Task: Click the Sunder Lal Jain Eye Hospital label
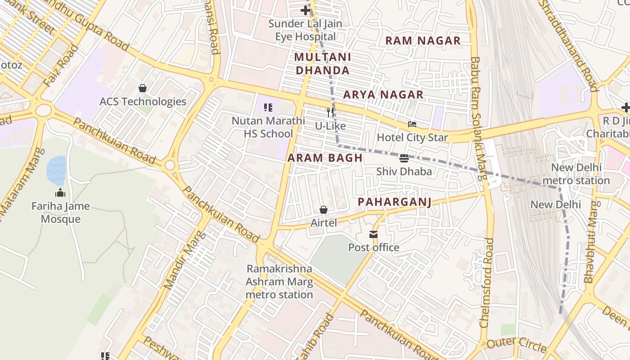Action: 305,30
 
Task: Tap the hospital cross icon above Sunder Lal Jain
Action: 306,10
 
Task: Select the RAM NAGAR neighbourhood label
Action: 423,40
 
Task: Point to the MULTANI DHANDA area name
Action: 322,63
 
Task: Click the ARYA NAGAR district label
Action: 383,94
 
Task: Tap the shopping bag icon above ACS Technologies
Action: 143,88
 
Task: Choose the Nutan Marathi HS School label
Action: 268,127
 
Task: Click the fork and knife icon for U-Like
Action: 331,112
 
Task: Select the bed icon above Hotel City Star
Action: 412,124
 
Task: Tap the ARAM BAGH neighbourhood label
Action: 325,157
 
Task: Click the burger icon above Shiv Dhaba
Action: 404,158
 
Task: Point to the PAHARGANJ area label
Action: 394,202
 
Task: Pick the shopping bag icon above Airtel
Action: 323,210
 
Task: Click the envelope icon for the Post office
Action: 373,234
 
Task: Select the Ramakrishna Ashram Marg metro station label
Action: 279,282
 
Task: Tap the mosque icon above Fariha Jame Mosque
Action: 60,193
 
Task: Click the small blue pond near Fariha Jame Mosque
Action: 56,170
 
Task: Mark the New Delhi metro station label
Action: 576,174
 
